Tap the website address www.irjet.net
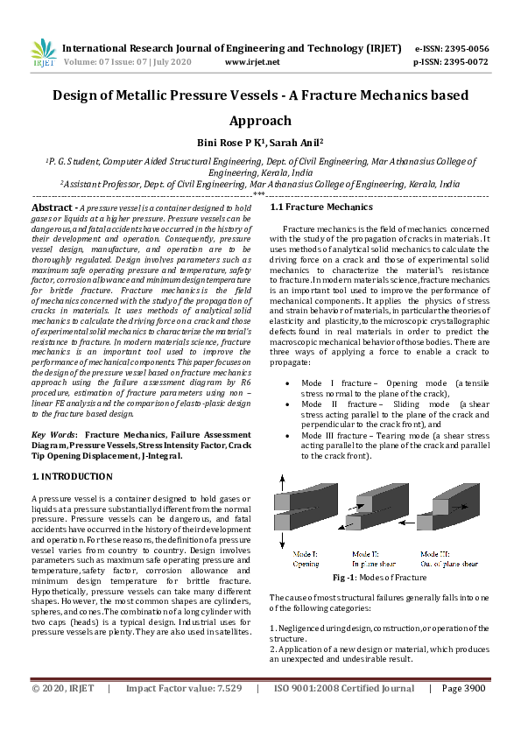click(x=252, y=62)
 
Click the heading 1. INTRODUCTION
click(x=72, y=476)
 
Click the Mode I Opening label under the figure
click(x=306, y=558)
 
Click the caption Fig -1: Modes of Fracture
click(x=379, y=578)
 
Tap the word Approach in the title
click(x=260, y=121)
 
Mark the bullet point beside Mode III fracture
click(x=289, y=434)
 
